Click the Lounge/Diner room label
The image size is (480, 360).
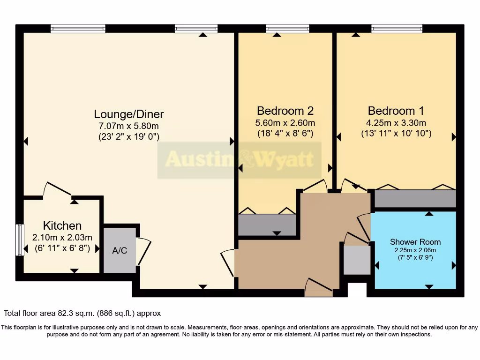click(129, 114)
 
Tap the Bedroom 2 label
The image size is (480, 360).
click(285, 111)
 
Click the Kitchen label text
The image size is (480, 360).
click(62, 225)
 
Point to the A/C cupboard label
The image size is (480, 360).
click(120, 250)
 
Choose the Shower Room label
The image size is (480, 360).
click(415, 242)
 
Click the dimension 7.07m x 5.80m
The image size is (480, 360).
click(129, 126)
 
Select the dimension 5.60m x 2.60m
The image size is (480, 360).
click(285, 123)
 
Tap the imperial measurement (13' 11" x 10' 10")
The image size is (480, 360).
click(396, 134)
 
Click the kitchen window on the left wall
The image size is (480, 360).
click(20, 240)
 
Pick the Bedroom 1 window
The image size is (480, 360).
click(397, 29)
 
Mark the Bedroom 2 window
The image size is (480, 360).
click(287, 29)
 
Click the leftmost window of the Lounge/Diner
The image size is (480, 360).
click(78, 29)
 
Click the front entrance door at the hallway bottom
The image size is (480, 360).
click(319, 287)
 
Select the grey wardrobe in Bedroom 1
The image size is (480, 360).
click(415, 199)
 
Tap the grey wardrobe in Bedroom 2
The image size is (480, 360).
click(267, 225)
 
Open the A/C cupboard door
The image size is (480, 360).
click(143, 252)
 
